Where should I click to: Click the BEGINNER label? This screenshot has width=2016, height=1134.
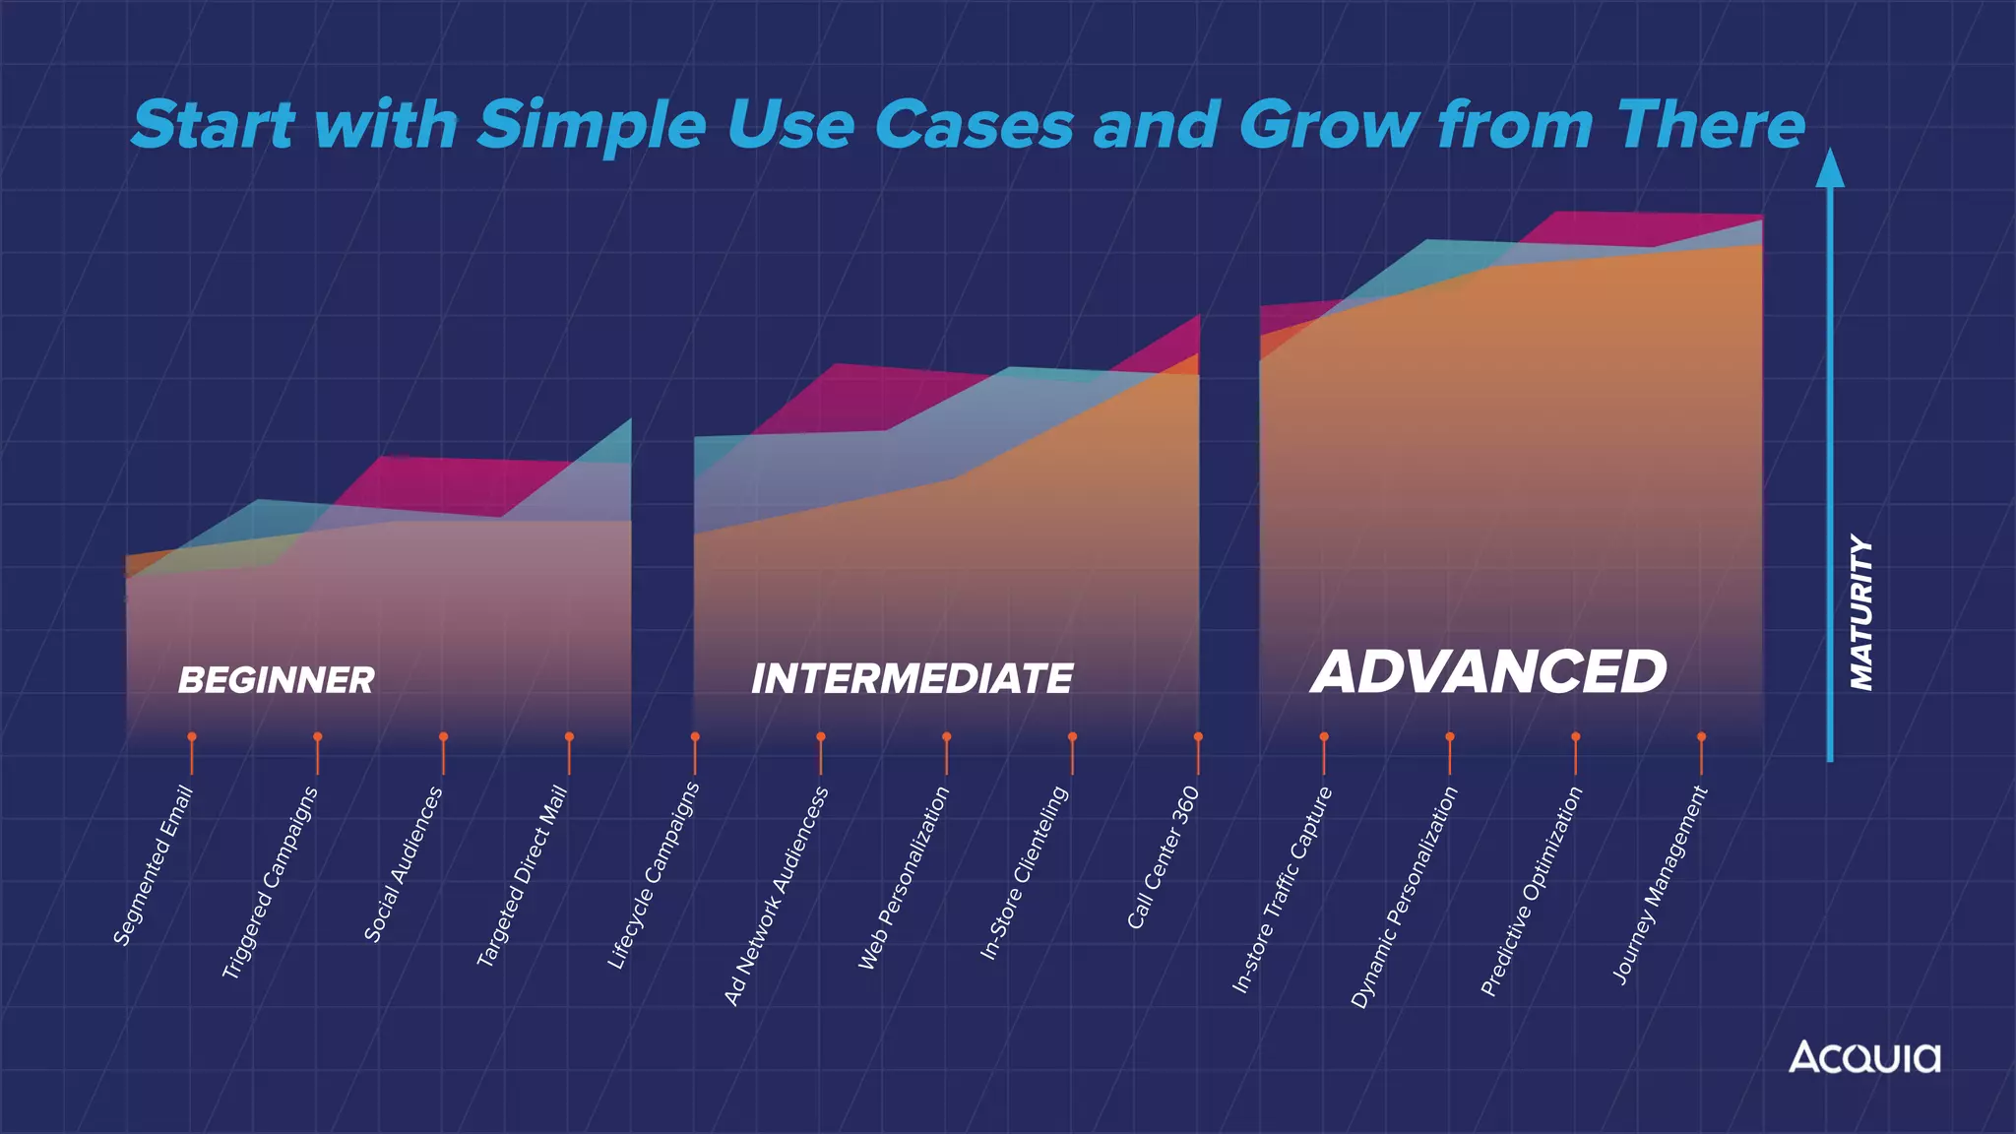276,680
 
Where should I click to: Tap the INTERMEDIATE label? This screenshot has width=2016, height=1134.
912,679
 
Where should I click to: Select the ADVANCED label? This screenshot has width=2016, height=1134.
1488,672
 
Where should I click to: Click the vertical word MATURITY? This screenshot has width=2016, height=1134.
1860,612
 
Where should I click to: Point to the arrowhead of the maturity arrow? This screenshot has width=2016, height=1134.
1829,169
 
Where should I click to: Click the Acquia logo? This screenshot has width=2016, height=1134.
1864,1057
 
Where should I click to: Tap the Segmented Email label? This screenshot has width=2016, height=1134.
154,866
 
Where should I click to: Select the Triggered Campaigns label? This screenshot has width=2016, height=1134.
271,883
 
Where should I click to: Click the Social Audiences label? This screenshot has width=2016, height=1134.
404,864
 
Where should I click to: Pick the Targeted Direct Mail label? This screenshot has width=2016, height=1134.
523,875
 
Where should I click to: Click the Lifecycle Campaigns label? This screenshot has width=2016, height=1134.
654,875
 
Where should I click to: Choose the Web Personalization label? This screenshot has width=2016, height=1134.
904,878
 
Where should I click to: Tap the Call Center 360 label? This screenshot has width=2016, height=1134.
1164,857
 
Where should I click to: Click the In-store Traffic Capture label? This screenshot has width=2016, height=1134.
1283,889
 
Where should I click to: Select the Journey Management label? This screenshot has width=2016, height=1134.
1660,885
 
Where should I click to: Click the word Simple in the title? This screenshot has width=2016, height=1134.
592,126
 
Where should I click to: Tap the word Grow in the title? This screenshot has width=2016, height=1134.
1329,126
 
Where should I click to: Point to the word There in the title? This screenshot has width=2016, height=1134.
1710,126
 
